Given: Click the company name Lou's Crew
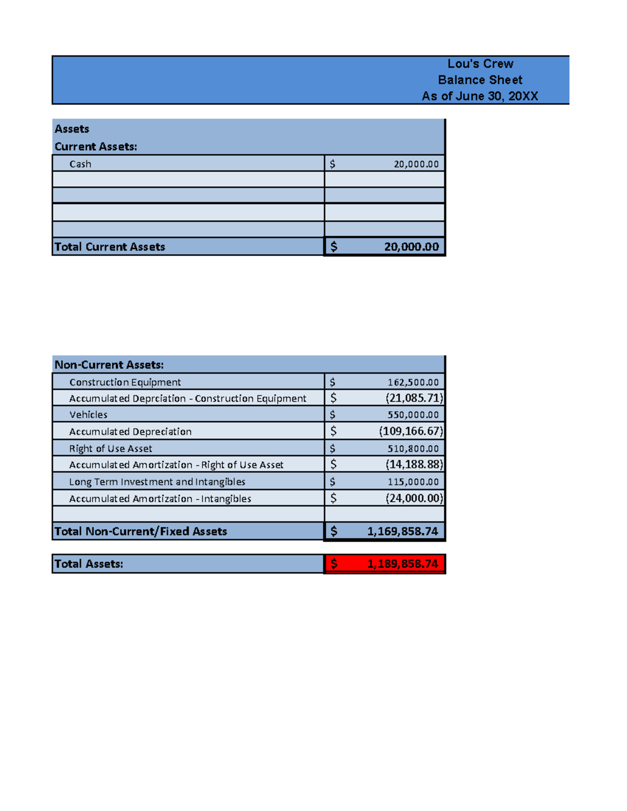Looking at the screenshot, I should (480, 64).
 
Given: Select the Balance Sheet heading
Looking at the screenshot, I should (480, 80).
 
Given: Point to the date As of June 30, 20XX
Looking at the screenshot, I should (480, 96).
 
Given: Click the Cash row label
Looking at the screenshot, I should (80, 164).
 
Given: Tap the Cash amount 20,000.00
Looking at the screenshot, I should (416, 164).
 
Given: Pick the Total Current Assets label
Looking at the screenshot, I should (110, 247).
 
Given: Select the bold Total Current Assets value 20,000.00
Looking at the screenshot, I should (411, 247).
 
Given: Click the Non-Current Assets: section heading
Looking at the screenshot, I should (109, 365).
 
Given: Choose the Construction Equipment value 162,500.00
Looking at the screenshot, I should (413, 382).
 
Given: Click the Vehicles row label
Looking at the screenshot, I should (88, 415).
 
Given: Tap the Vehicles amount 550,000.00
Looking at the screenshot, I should (413, 415).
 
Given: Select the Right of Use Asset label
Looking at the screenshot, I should (111, 449).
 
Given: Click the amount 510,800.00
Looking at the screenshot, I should (413, 449).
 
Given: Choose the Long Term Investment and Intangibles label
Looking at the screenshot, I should (157, 481).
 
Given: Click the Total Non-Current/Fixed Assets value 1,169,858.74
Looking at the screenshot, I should (402, 532).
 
